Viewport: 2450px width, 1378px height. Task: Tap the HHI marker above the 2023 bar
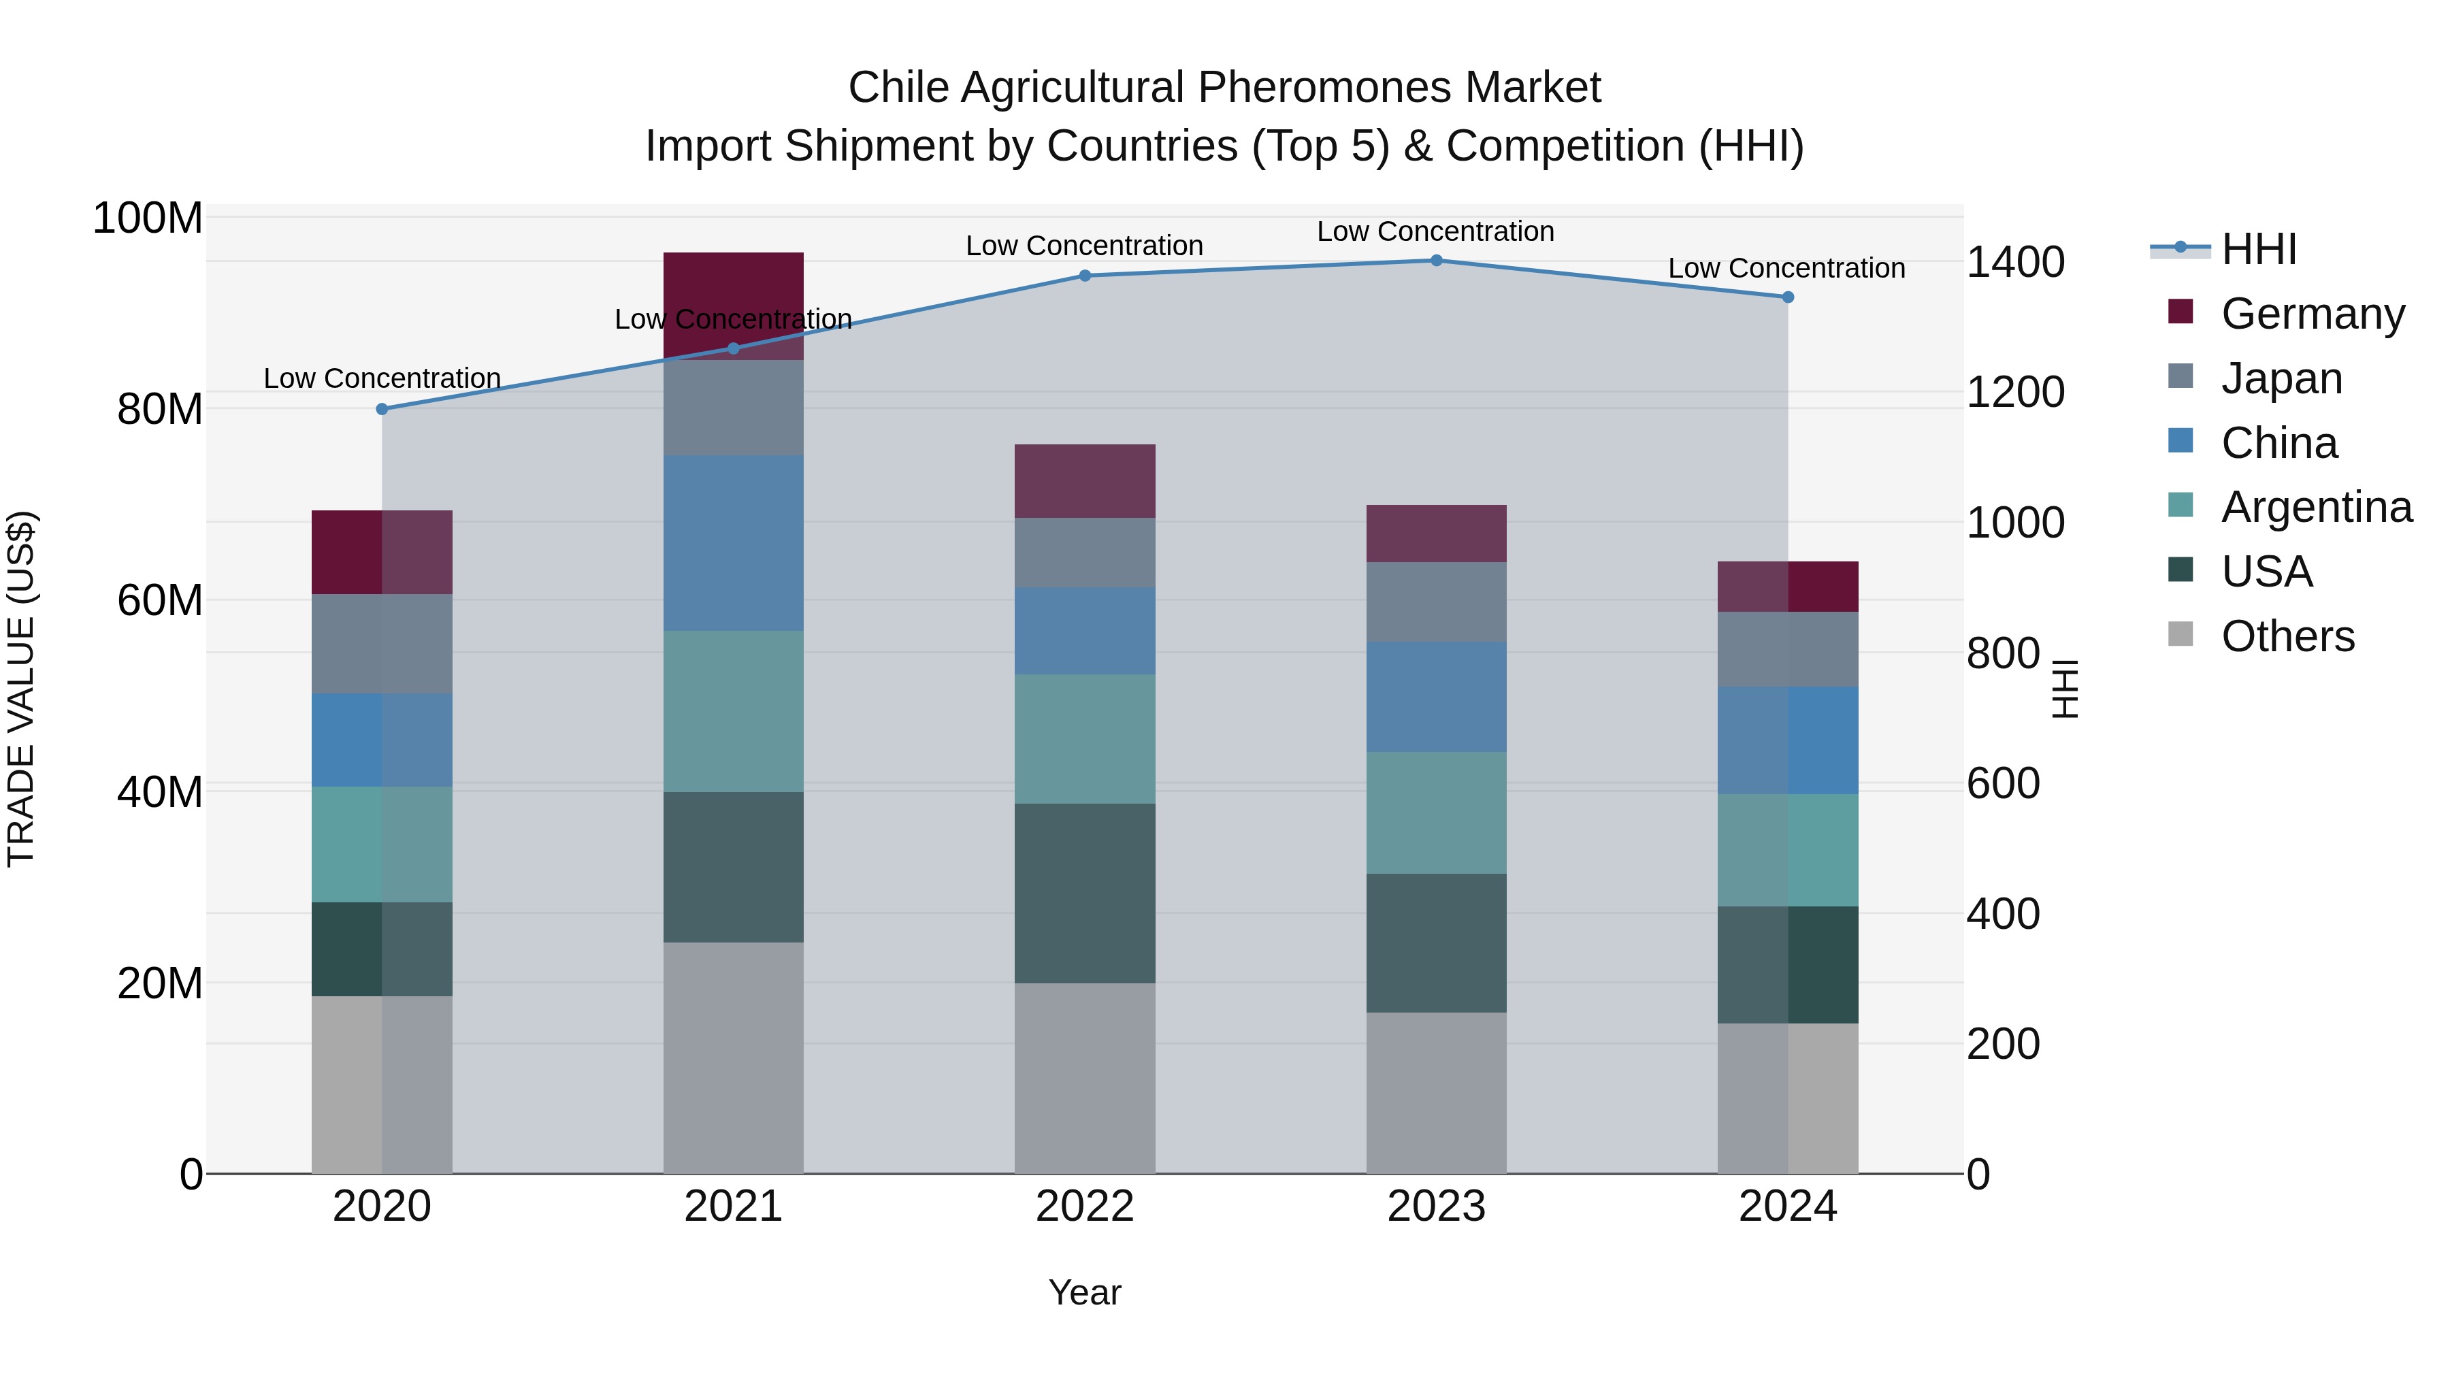(x=1436, y=261)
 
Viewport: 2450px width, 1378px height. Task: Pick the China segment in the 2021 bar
(x=733, y=542)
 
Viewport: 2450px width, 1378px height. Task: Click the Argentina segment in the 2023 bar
(x=1436, y=813)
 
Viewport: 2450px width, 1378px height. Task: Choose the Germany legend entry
(x=2312, y=313)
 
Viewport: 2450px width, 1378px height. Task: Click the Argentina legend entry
(x=2316, y=507)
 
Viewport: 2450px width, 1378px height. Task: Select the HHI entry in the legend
(x=2259, y=249)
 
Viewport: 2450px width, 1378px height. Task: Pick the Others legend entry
(x=2287, y=636)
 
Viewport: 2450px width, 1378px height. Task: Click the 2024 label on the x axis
(x=1787, y=1207)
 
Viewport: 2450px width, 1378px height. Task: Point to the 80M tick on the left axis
(x=160, y=410)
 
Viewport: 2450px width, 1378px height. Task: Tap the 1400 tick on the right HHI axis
(x=2015, y=263)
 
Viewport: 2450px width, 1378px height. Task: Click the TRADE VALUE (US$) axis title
(x=21, y=689)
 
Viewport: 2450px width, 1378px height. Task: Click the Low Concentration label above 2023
(x=1435, y=231)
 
